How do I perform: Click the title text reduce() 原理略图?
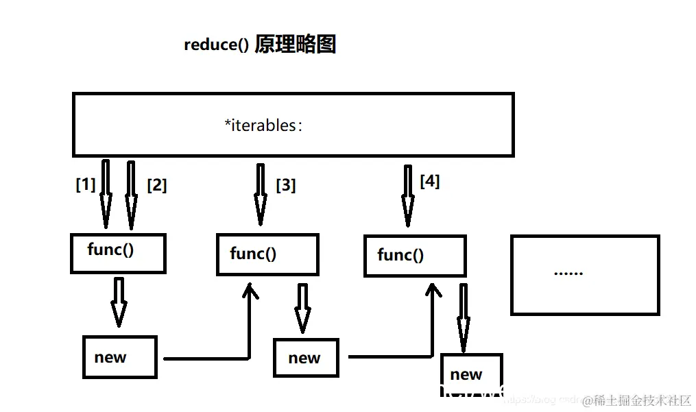pyautogui.click(x=260, y=45)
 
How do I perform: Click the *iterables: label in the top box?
pyautogui.click(x=263, y=125)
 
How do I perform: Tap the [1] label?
pyautogui.click(x=86, y=184)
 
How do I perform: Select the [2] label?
pyautogui.click(x=157, y=185)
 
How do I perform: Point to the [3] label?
pyautogui.click(x=286, y=185)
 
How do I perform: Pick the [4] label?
pyautogui.click(x=430, y=182)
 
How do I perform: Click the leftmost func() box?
pyautogui.click(x=118, y=253)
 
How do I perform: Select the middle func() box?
pyautogui.click(x=267, y=255)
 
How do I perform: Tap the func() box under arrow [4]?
pyautogui.click(x=415, y=256)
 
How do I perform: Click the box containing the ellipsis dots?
pyautogui.click(x=585, y=274)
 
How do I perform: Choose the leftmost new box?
pyautogui.click(x=120, y=357)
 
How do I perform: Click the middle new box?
pyautogui.click(x=306, y=358)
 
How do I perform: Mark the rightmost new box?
pyautogui.click(x=471, y=374)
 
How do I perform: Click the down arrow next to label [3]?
pyautogui.click(x=261, y=195)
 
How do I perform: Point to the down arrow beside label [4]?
pyautogui.click(x=408, y=196)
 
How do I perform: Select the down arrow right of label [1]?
pyautogui.click(x=106, y=195)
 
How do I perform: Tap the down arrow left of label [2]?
pyautogui.click(x=131, y=195)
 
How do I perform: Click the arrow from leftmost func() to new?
pyautogui.click(x=119, y=302)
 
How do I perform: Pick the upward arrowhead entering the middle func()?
pyautogui.click(x=250, y=291)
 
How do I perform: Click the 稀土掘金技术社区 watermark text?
pyautogui.click(x=642, y=400)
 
